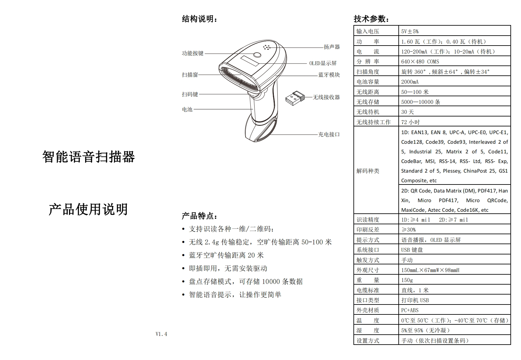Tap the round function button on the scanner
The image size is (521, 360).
click(257, 55)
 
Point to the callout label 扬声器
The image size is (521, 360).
click(332, 47)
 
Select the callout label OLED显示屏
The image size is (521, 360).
click(323, 63)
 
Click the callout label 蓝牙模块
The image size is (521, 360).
click(329, 75)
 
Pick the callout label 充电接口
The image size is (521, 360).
click(329, 134)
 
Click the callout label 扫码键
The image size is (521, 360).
click(190, 94)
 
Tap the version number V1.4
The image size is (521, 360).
click(161, 334)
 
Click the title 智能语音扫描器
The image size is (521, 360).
click(89, 157)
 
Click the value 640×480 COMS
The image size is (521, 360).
click(420, 62)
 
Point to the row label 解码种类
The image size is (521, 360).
click(368, 171)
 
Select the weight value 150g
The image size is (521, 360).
click(407, 280)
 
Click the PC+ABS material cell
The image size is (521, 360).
click(410, 310)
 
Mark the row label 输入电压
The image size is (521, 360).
click(368, 31)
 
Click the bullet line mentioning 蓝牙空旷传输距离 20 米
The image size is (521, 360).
click(226, 255)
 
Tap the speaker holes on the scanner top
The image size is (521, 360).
click(266, 47)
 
